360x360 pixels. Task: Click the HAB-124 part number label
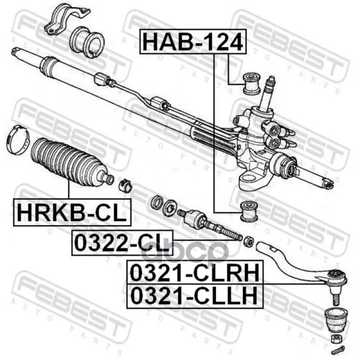tap(193, 42)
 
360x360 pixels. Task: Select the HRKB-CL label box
tap(73, 212)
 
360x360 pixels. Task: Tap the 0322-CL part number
tap(122, 242)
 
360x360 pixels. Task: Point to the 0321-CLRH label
tap(194, 272)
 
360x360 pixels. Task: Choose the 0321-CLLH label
tap(194, 296)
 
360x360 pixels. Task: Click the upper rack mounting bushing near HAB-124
tap(251, 83)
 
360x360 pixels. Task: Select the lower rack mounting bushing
tap(249, 211)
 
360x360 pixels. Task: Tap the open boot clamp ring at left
tap(18, 140)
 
